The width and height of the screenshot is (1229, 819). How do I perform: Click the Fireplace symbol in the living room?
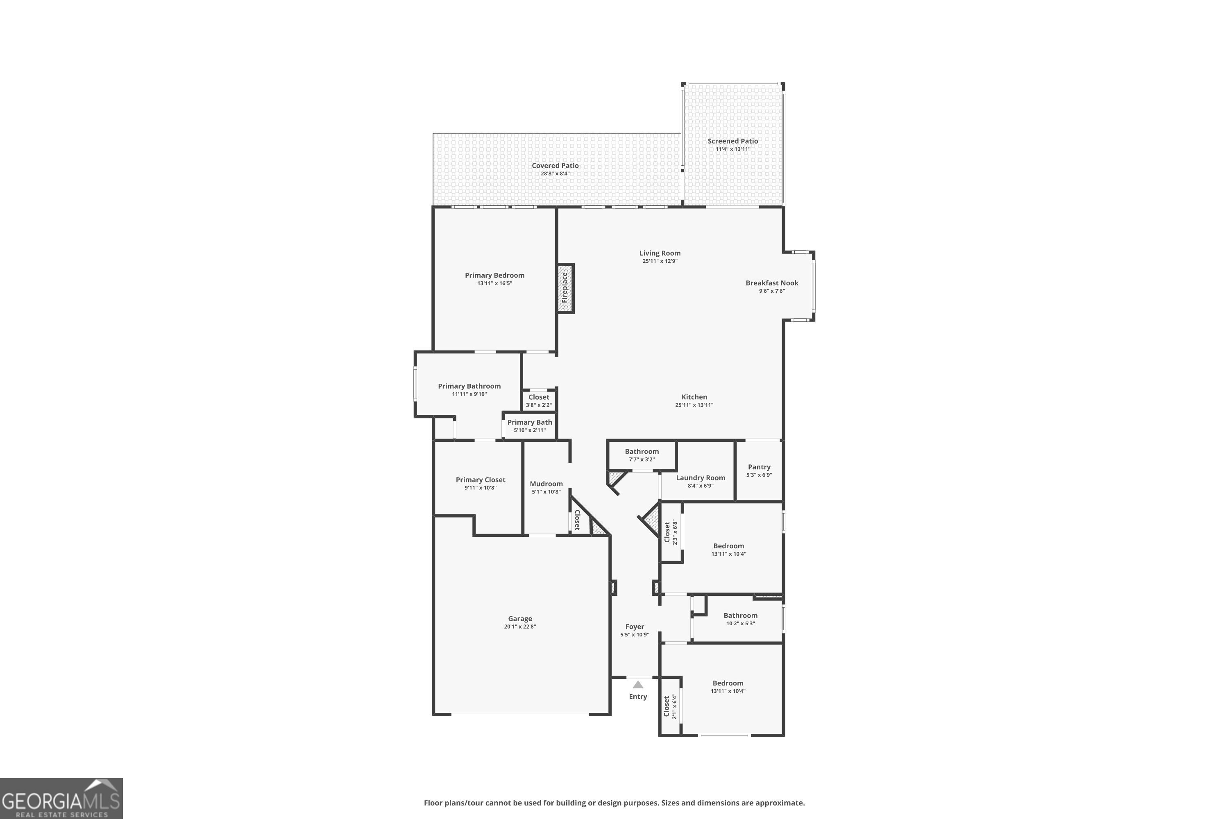point(565,288)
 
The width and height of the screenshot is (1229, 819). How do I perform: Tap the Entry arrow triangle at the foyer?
point(637,684)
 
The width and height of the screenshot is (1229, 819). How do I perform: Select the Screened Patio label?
point(732,141)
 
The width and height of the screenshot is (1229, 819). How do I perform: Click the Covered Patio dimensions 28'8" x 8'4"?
point(555,173)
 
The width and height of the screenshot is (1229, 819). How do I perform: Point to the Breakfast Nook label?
point(772,283)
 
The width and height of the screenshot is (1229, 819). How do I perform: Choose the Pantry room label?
point(759,467)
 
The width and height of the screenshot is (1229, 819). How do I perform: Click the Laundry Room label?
point(700,478)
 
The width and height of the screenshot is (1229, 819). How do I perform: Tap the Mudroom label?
point(546,484)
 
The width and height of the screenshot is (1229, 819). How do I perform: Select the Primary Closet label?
point(480,480)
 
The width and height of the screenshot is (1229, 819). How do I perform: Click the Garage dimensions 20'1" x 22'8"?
point(520,627)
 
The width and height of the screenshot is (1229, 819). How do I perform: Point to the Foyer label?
point(634,627)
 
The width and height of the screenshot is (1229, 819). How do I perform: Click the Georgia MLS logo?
point(61,798)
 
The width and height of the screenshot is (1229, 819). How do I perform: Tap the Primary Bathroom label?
point(469,387)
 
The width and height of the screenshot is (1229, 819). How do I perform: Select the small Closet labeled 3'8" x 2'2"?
point(539,400)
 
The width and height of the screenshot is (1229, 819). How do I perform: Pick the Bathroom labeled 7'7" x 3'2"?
point(642,455)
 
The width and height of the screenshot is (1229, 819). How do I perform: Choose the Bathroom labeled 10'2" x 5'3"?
point(740,619)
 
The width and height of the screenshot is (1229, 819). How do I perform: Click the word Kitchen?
point(694,397)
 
